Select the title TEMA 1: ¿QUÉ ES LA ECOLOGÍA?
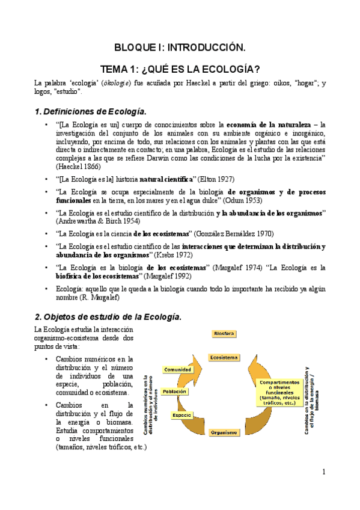click(x=180, y=69)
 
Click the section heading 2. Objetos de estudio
click(x=108, y=316)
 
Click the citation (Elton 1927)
click(x=214, y=179)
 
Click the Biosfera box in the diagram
click(x=224, y=333)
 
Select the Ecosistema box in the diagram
click(x=224, y=358)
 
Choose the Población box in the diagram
click(x=174, y=391)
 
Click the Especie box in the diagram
click(x=182, y=415)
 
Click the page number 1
click(x=323, y=472)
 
